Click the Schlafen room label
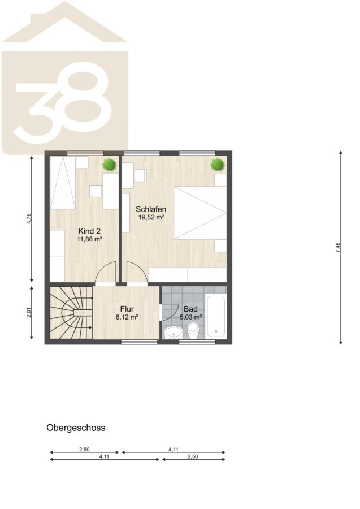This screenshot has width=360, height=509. coord(151,209)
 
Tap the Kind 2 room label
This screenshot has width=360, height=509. coord(89,231)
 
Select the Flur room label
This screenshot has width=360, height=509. coord(127,309)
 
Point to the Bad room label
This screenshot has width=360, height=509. coord(190,309)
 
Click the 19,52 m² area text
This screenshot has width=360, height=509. coord(151,218)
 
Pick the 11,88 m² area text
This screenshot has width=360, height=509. coord(89,240)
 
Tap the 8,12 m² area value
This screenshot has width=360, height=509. coord(127,317)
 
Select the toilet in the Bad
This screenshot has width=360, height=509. coord(193,331)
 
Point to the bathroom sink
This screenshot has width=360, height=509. coord(174,333)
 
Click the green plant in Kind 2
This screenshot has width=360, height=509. coord(109,165)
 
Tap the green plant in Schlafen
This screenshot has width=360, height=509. coord(218,165)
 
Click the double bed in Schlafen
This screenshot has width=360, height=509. coord(200,213)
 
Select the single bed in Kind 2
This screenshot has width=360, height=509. coord(63,183)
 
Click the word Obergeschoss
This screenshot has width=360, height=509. coord(76,428)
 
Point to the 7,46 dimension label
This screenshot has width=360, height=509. coord(338,247)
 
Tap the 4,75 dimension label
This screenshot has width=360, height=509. coord(29,218)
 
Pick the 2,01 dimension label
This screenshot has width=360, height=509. coord(29,312)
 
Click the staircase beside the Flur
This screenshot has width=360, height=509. coord(71,313)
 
